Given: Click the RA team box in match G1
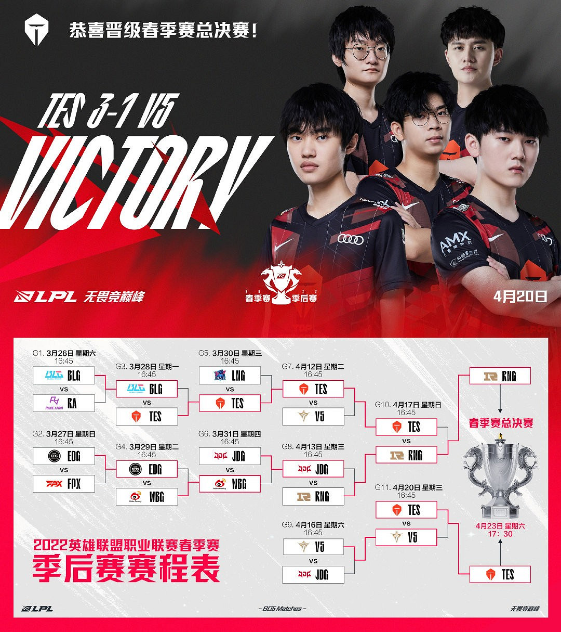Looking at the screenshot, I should [63, 403].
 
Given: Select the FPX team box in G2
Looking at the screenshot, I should [63, 484].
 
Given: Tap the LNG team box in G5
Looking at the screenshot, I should [230, 376].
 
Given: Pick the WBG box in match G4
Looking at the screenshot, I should [146, 497].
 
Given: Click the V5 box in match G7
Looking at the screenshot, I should [313, 416].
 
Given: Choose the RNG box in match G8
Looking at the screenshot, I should [313, 497].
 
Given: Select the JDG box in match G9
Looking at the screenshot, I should [313, 574].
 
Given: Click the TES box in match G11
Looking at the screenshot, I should [406, 510].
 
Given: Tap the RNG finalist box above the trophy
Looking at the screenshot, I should [500, 376].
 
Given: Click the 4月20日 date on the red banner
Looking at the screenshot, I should [520, 296].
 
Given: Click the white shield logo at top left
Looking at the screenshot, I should [36, 30].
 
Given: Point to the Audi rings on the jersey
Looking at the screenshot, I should [351, 239].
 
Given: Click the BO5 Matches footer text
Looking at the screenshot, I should [282, 609].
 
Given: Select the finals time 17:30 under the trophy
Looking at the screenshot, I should [500, 534].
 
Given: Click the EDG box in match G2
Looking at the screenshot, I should [63, 456].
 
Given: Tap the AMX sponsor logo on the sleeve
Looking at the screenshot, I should [455, 242].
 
